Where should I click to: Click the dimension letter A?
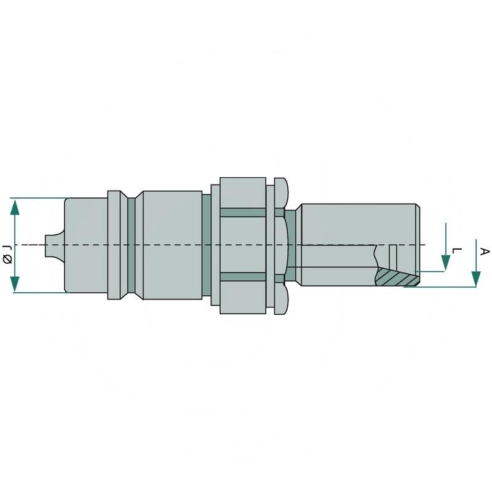(484, 252)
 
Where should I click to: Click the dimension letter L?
(456, 252)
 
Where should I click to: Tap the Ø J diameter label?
(7, 253)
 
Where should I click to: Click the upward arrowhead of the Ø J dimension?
(15, 207)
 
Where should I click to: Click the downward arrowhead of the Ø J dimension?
(15, 284)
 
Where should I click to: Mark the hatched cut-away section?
(397, 278)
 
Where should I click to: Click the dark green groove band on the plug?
(130, 246)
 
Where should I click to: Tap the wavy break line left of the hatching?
(376, 258)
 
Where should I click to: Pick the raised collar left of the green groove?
(114, 245)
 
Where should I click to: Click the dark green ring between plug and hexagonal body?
(207, 246)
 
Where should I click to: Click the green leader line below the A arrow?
(440, 287)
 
